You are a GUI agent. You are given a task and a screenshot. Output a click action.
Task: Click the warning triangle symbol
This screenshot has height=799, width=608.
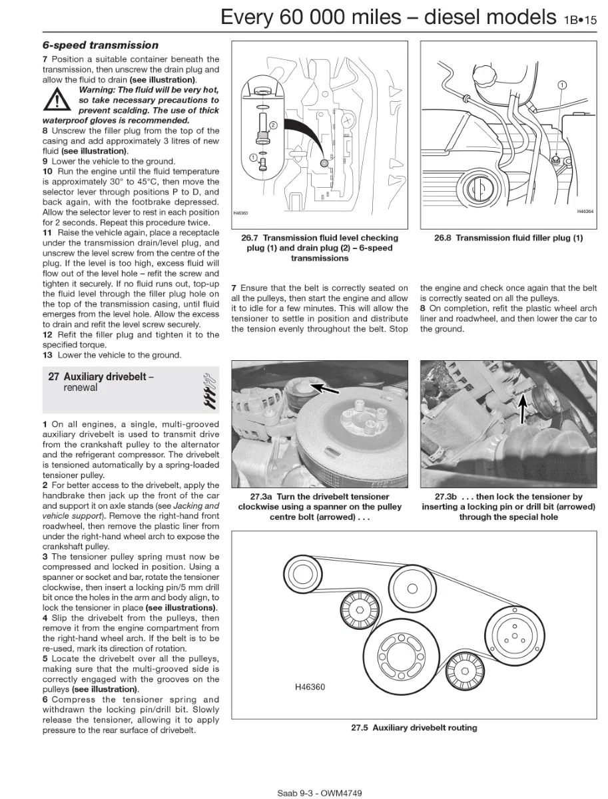(x=57, y=99)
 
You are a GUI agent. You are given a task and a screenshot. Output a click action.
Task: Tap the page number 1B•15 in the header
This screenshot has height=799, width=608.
(x=580, y=20)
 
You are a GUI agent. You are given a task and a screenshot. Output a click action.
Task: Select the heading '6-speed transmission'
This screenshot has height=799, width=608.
(x=101, y=45)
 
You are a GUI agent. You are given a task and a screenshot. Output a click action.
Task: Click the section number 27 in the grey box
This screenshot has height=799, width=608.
(x=53, y=376)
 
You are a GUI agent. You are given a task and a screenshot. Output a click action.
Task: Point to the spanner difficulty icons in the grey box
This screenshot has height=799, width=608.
(x=210, y=391)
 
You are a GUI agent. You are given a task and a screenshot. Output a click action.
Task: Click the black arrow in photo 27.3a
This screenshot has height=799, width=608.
(x=324, y=388)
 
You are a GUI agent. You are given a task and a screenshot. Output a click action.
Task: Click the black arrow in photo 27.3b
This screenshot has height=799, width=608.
(x=523, y=409)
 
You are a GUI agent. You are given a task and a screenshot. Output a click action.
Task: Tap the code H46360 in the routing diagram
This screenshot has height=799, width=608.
(x=310, y=687)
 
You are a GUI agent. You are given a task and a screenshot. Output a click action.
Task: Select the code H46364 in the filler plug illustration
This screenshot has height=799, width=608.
(x=585, y=211)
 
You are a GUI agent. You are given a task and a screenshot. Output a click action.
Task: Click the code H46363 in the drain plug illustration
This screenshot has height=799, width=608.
(x=240, y=213)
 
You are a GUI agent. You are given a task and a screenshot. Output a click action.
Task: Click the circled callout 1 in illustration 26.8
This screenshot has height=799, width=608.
(x=562, y=85)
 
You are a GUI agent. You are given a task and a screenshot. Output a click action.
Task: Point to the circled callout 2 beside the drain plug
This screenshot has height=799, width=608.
(x=273, y=126)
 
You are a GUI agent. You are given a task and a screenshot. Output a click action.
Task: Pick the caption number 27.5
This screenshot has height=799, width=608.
(x=360, y=728)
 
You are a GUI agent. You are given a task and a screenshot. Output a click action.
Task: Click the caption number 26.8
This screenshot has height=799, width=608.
(x=442, y=238)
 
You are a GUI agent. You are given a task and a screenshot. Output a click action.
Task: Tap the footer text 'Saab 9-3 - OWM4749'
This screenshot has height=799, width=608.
(x=319, y=793)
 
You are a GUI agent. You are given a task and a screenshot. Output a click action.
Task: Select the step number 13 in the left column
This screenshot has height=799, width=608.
(x=47, y=355)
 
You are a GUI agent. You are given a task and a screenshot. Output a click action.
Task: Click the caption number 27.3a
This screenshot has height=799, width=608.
(x=261, y=497)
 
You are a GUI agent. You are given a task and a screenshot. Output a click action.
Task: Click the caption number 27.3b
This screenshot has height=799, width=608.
(x=446, y=497)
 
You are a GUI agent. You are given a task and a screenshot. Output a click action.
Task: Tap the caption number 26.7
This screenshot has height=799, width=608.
(x=249, y=238)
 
